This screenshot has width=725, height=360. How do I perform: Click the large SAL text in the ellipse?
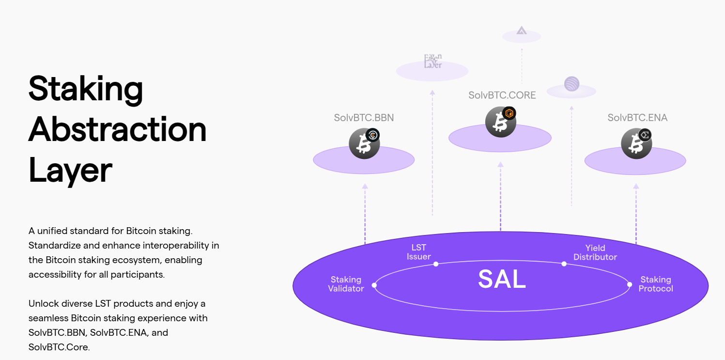pyautogui.click(x=502, y=279)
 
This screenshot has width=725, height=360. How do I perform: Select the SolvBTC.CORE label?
pyautogui.click(x=502, y=95)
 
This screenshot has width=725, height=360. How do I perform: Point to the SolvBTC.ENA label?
pyautogui.click(x=637, y=118)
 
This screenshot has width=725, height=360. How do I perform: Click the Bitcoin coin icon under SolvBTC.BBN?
pyautogui.click(x=364, y=143)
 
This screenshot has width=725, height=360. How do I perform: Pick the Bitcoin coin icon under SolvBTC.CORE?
pyautogui.click(x=500, y=121)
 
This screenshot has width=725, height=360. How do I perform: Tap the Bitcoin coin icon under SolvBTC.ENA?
pyautogui.click(x=636, y=143)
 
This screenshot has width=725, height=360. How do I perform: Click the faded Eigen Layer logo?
pyautogui.click(x=432, y=61)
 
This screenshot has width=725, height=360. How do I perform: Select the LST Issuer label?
pyautogui.click(x=418, y=252)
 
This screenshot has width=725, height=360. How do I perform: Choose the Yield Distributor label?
pyautogui.click(x=595, y=252)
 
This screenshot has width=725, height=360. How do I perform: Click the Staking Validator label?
pyautogui.click(x=346, y=284)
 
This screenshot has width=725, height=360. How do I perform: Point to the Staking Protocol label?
pyautogui.click(x=656, y=284)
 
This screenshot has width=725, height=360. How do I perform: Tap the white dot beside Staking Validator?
pyautogui.click(x=374, y=285)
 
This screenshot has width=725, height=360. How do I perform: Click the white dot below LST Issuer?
pyautogui.click(x=436, y=264)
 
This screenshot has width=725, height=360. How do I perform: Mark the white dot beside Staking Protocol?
pyautogui.click(x=630, y=284)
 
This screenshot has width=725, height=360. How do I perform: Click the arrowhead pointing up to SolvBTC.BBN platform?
pyautogui.click(x=365, y=186)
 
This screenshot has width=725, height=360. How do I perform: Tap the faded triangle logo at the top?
pyautogui.click(x=521, y=31)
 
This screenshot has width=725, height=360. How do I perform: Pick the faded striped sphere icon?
pyautogui.click(x=571, y=84)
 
